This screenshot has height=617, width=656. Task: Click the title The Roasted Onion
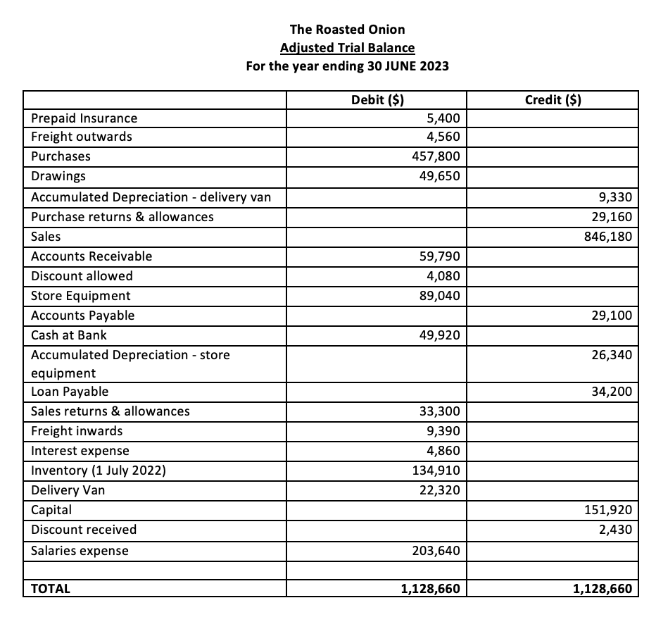[347, 29]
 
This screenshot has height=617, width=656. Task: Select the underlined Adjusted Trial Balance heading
[347, 48]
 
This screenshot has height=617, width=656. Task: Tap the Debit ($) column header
[377, 99]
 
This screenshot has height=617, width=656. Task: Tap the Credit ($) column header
[553, 99]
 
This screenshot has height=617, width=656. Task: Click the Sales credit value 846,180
[607, 237]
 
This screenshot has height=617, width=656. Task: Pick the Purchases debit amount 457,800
[436, 156]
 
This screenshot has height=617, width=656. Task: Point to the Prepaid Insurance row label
[84, 118]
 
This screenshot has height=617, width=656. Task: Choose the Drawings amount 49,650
[440, 175]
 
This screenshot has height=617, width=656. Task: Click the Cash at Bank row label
[69, 335]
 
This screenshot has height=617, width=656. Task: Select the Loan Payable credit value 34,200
[611, 392]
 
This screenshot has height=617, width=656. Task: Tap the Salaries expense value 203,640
[436, 551]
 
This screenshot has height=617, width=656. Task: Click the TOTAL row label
[51, 588]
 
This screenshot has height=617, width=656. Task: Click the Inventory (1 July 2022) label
[99, 470]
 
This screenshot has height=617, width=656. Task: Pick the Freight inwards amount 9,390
[443, 431]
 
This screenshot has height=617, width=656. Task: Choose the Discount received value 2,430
[614, 529]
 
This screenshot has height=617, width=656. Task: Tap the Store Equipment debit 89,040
[440, 296]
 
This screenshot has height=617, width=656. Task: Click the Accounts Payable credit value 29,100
[611, 316]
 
